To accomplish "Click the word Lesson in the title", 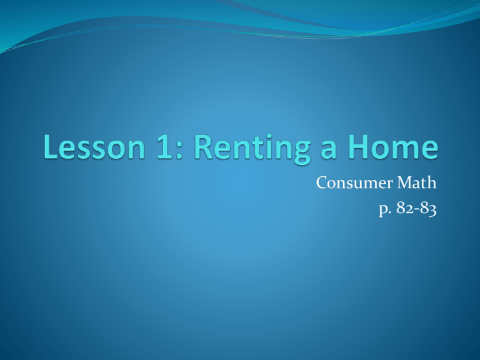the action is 94,147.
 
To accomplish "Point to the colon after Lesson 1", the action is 179,151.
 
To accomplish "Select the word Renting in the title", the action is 252,149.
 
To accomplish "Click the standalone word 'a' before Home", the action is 329,151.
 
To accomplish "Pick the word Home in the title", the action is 393,147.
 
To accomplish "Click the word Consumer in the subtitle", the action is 354,182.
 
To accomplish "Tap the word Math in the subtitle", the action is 417,182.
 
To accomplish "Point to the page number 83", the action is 428,209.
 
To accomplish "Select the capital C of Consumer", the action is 322,182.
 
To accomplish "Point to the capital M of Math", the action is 406,182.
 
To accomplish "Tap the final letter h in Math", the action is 432,182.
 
